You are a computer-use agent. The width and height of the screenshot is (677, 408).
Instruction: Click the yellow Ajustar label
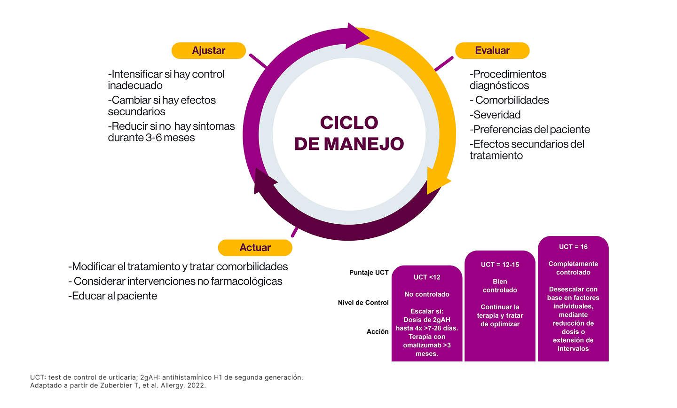[x=208, y=51]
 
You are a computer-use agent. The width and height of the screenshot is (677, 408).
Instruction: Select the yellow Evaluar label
[x=492, y=51]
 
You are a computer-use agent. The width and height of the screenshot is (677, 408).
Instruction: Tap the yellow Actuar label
[x=255, y=248]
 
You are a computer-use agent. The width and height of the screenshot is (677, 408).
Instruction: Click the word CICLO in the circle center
[x=349, y=123]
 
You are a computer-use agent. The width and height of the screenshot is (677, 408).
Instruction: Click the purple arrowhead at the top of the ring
[x=357, y=35]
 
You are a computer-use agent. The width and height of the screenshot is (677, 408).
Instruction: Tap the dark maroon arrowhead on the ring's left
[x=263, y=180]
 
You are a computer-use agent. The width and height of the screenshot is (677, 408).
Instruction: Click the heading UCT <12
[x=427, y=277]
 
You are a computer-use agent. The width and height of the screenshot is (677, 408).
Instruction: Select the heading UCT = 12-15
[x=500, y=265]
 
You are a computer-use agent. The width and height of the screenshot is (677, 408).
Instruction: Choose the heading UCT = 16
[x=573, y=247]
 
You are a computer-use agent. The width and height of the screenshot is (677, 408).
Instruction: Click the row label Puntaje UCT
[x=369, y=273]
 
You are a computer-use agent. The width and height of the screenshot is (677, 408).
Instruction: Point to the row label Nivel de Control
[x=363, y=303]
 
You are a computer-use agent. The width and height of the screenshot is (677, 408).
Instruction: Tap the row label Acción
[x=378, y=331]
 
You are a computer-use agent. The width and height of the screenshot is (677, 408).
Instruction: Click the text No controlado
[x=427, y=294]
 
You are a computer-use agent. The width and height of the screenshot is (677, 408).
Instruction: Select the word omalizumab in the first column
[x=422, y=345]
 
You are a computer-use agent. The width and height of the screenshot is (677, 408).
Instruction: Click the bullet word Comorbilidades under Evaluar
[x=512, y=100]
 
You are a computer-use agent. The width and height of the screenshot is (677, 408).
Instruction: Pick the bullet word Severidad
[x=497, y=115]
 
